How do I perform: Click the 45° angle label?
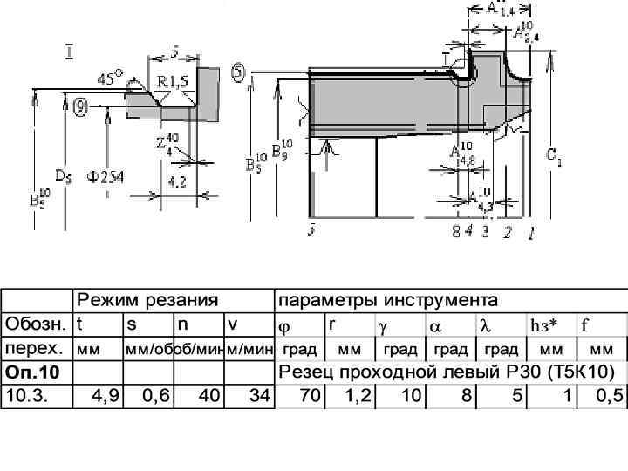pyautogui.click(x=110, y=78)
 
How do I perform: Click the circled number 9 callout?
pyautogui.click(x=80, y=107)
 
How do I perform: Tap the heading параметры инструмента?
pyautogui.click(x=387, y=301)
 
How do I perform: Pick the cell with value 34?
pyautogui.click(x=257, y=395)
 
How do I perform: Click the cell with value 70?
pyautogui.click(x=309, y=395)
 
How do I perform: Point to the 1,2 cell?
pyautogui.click(x=358, y=395)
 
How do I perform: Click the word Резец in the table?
pyautogui.click(x=304, y=372)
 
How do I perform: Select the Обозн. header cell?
pyautogui.click(x=35, y=324)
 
